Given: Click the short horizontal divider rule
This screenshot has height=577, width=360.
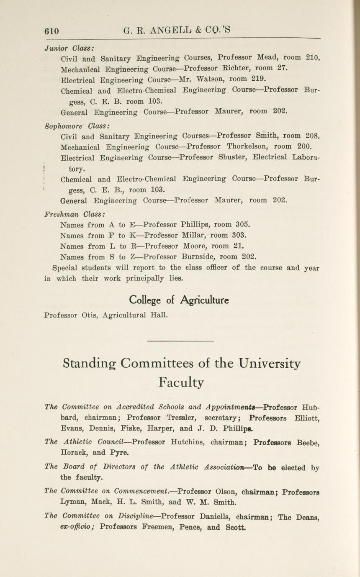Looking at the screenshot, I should (x=180, y=341).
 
